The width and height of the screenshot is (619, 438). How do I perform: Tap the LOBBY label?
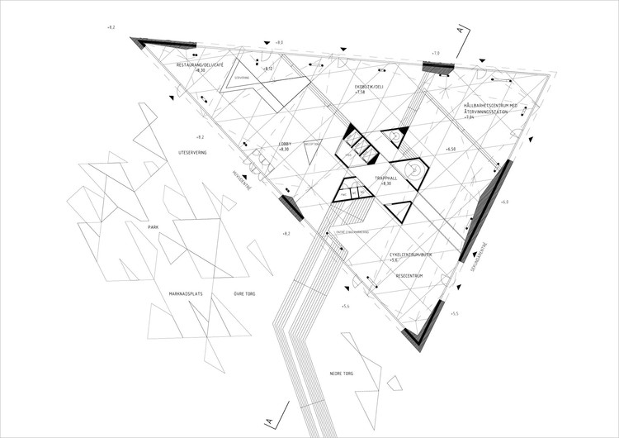pyautogui.click(x=284, y=142)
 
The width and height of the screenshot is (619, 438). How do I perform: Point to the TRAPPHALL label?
pyautogui.click(x=386, y=177)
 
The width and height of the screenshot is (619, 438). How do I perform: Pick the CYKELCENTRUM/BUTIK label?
pyautogui.click(x=410, y=255)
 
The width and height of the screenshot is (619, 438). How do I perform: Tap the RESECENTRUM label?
pyautogui.click(x=409, y=276)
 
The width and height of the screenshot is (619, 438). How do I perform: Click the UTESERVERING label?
pyautogui.click(x=198, y=154)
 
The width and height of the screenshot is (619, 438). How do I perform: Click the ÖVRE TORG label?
pyautogui.click(x=248, y=294)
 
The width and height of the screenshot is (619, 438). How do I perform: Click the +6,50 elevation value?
pyautogui.click(x=451, y=150)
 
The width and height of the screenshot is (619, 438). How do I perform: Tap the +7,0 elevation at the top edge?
pyautogui.click(x=437, y=53)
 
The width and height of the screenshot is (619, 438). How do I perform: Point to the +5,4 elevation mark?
pyautogui.click(x=346, y=307)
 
